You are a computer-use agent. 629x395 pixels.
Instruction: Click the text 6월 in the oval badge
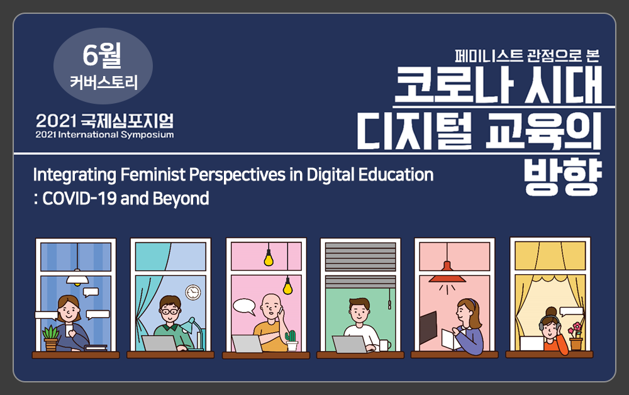click(x=102, y=55)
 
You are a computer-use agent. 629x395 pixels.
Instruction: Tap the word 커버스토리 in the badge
click(x=104, y=82)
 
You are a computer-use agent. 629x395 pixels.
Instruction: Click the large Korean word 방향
click(x=563, y=177)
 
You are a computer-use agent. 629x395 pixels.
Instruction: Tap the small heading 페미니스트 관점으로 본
click(x=527, y=55)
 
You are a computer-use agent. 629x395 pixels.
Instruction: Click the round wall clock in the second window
click(x=193, y=292)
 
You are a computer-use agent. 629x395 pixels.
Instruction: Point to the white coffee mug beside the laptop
click(x=385, y=345)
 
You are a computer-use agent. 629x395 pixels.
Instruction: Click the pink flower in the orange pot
click(x=576, y=328)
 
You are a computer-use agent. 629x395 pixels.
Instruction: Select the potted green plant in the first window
click(x=51, y=338)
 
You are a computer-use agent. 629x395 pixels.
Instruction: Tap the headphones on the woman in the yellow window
click(x=548, y=321)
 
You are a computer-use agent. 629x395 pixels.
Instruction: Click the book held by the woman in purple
click(x=450, y=339)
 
